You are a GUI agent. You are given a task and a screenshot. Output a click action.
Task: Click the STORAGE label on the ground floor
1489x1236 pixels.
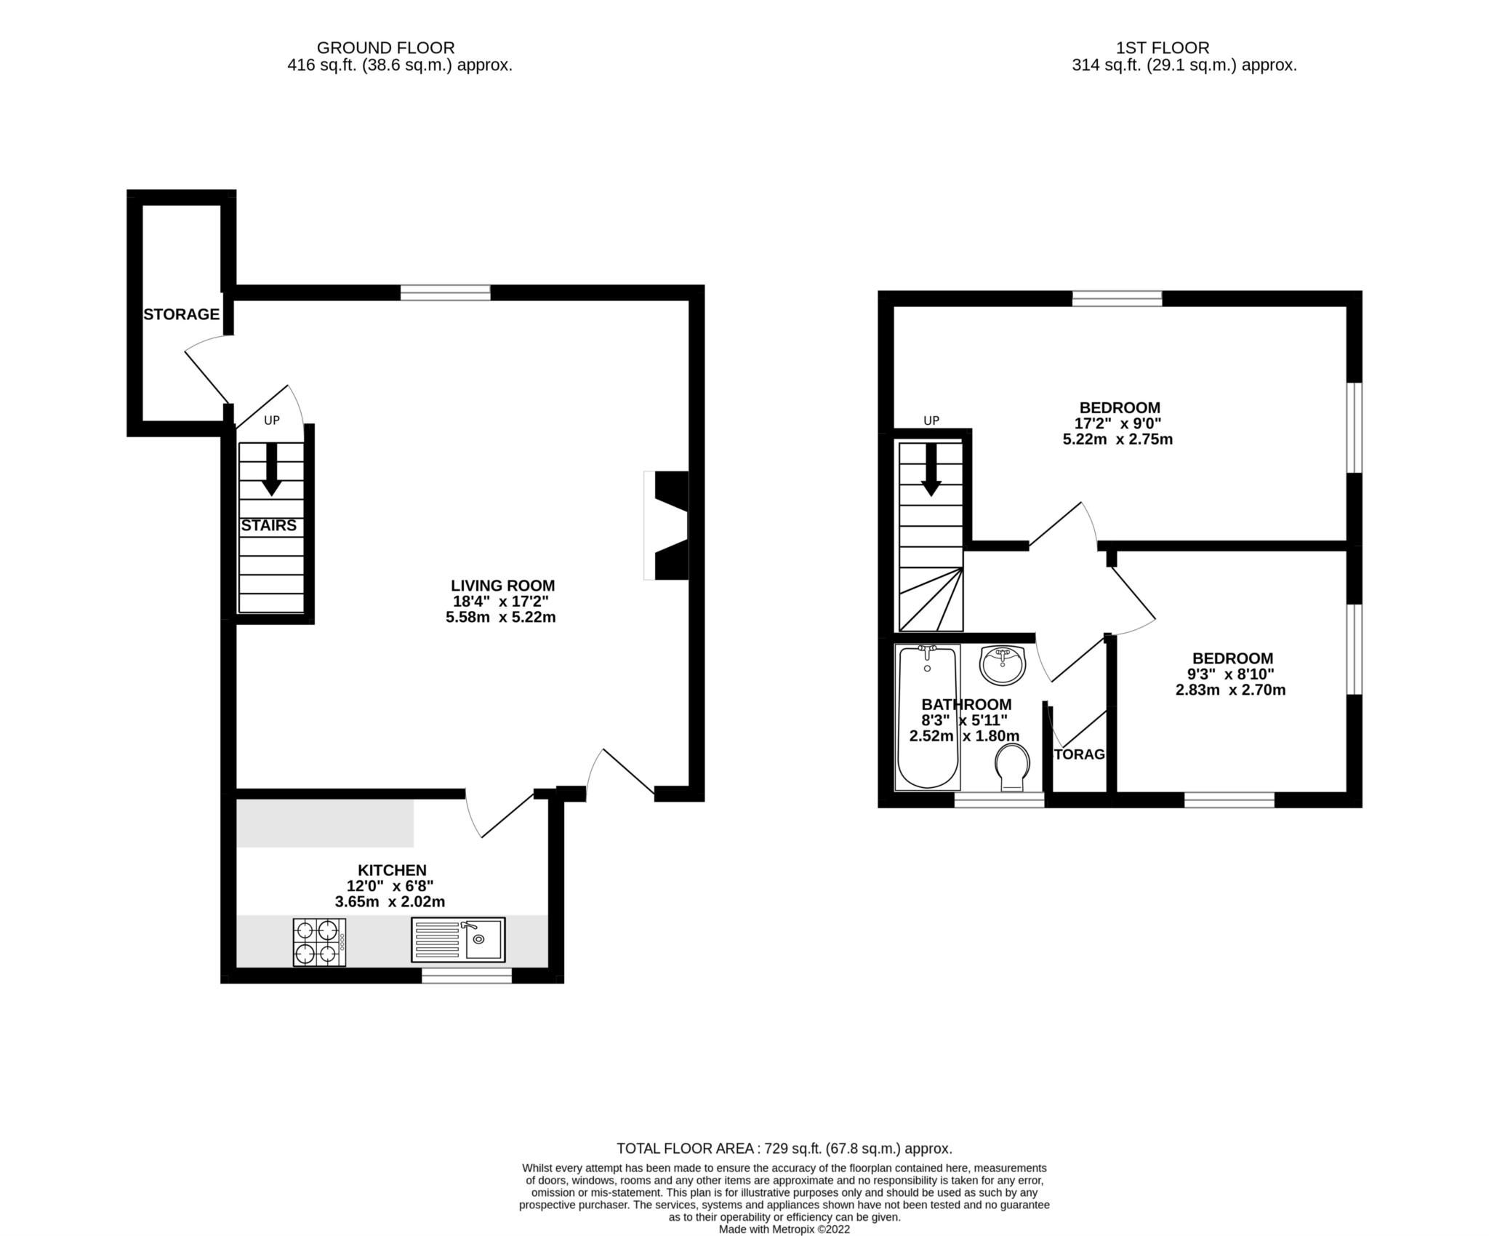click(181, 314)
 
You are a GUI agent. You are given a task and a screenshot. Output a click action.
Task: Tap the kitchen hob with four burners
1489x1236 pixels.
click(319, 942)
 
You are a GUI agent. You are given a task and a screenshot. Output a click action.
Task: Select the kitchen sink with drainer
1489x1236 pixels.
click(458, 939)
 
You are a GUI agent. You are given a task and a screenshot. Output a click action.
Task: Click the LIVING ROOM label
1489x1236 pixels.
click(502, 586)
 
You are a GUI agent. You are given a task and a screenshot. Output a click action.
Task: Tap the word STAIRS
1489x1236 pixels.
click(268, 525)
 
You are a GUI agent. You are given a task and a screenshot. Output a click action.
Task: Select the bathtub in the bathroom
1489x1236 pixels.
click(927, 718)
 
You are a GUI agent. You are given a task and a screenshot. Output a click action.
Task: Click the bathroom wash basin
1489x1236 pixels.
click(1003, 664)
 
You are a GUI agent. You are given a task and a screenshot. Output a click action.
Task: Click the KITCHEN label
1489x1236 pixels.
click(392, 870)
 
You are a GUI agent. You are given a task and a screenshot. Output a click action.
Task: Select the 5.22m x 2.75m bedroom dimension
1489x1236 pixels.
click(1118, 439)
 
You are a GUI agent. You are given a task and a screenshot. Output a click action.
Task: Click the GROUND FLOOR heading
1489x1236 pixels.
click(385, 48)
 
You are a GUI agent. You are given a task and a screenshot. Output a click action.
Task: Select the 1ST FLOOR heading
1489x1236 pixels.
click(1163, 48)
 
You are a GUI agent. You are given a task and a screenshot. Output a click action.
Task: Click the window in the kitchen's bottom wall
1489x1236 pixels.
click(467, 976)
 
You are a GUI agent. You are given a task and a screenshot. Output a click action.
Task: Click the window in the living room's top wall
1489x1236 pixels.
click(445, 292)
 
